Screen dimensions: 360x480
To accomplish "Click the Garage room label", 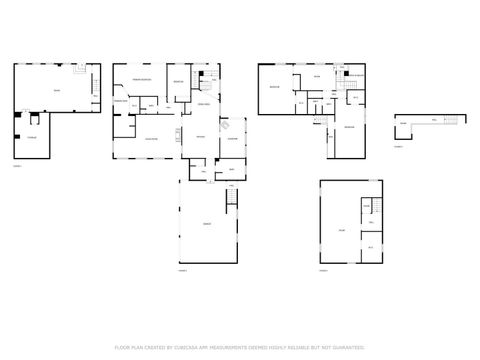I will point(207,223).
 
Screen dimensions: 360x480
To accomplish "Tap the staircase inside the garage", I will point(234,200).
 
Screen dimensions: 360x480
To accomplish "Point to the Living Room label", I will point(152,138).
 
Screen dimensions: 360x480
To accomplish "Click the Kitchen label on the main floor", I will point(199,136).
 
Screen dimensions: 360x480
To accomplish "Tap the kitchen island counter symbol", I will point(181,133).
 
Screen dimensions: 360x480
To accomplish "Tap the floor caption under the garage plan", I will point(183,270).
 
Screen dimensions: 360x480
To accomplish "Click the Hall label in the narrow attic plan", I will point(432,119).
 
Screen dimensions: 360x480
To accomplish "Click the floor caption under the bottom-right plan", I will point(323,270).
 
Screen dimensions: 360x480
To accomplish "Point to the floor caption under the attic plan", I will point(397,146).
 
